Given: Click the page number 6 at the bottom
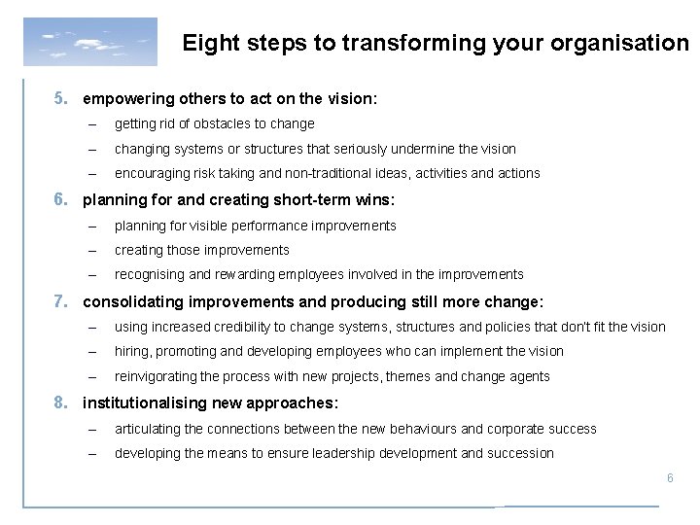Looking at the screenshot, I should point(669,478).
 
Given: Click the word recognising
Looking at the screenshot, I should point(149,275).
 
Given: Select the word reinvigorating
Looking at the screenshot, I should point(154,376).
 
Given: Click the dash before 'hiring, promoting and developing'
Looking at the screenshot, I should point(91,351).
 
